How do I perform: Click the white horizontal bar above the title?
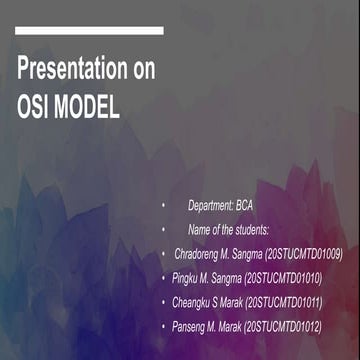tap(89, 31)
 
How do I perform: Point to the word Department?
tap(210, 205)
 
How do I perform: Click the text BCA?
tap(245, 205)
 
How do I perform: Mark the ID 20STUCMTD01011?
tap(288, 301)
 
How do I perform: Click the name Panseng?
tap(191, 325)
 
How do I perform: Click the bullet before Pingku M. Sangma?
tap(164, 277)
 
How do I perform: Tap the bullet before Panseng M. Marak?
tap(164, 325)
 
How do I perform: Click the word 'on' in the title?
tap(144, 71)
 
